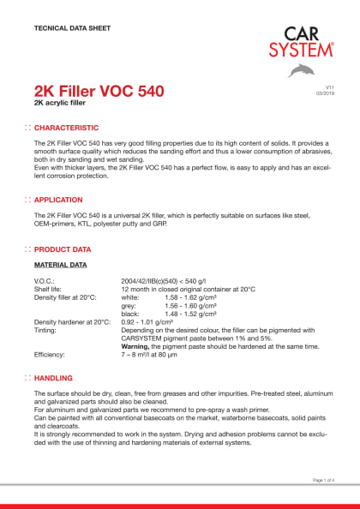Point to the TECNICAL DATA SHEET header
[x=72, y=28]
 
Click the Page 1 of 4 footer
[x=326, y=482]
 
